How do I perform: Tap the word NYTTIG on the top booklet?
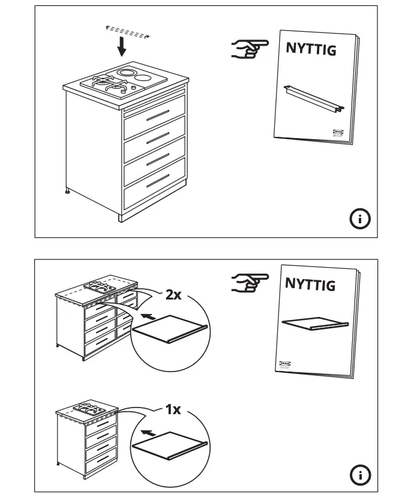pos(310,50)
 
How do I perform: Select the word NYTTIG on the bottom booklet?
pos(310,283)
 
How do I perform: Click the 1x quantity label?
pos(173,411)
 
